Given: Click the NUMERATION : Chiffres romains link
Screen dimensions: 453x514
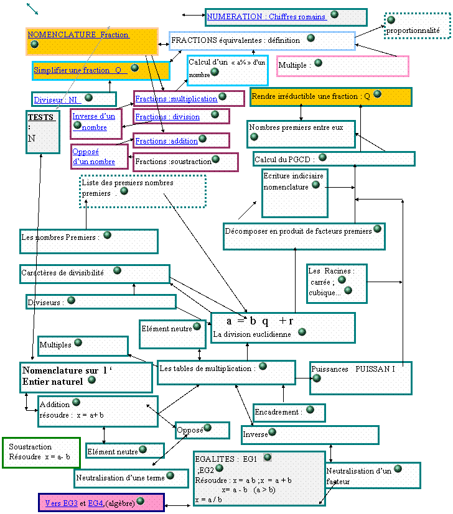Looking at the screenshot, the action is [x=266, y=17].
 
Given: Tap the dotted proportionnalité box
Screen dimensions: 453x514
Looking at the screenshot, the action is [x=417, y=26].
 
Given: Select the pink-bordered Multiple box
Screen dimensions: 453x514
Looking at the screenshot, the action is [x=343, y=66].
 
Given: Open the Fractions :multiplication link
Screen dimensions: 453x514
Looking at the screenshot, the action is [x=176, y=99].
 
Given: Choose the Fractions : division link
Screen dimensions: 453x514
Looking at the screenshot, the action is [x=167, y=117].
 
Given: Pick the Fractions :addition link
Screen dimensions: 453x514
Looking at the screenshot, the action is [x=166, y=141].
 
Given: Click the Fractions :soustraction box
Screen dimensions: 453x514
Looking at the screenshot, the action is [x=185, y=162].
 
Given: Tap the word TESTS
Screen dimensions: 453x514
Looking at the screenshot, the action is [x=40, y=117].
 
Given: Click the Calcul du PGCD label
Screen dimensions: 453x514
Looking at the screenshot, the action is [x=284, y=160].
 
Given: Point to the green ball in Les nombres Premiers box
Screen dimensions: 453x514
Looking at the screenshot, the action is [x=108, y=235].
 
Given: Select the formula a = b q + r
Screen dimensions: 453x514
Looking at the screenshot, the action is [x=259, y=321].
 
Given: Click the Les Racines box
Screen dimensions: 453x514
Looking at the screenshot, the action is [x=337, y=283].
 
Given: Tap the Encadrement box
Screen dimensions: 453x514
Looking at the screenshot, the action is [x=289, y=413].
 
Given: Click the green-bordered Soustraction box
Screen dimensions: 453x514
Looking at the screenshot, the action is [x=41, y=452].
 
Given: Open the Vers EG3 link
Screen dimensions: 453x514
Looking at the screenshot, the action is [x=62, y=503].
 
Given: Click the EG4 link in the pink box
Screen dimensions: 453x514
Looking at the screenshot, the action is [x=96, y=503].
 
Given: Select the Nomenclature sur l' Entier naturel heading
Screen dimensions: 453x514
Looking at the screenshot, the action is [x=60, y=376].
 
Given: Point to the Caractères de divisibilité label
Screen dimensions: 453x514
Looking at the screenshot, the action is [x=62, y=273].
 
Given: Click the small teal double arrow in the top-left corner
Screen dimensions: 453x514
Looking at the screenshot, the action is [x=32, y=9].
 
